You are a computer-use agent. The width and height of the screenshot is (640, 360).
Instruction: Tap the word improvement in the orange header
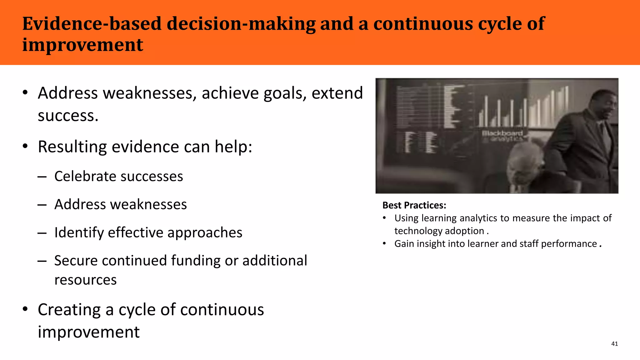[x=82, y=45]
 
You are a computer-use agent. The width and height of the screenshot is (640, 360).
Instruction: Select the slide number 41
[x=614, y=344]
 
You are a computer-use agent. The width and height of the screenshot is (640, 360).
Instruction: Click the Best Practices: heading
[x=414, y=205]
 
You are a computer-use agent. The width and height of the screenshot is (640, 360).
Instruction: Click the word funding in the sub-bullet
[x=195, y=261]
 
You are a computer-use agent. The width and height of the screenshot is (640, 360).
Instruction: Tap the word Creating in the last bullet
[x=69, y=310]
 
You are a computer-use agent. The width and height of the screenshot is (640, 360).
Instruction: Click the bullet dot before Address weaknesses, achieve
[x=25, y=93]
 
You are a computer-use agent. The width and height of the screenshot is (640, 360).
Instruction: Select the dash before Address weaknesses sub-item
[x=42, y=205]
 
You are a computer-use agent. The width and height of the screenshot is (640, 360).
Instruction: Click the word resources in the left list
[x=85, y=280]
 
